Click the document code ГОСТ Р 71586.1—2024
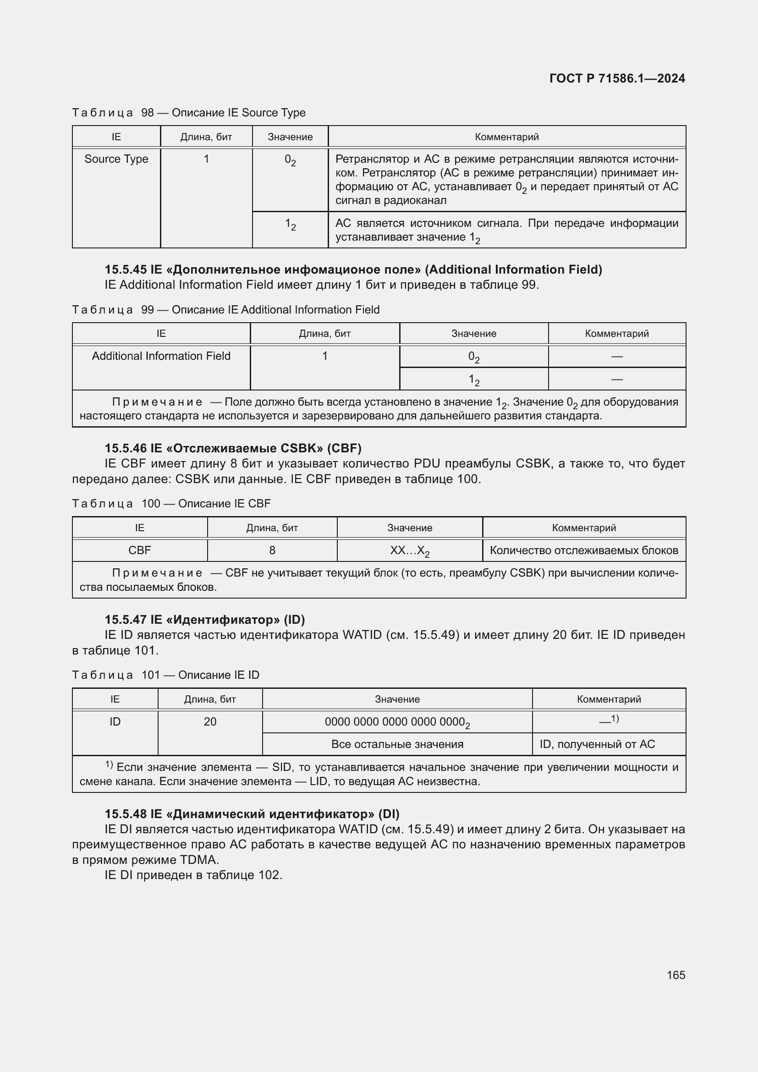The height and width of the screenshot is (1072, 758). pyautogui.click(x=616, y=78)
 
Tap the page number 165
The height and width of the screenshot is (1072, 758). pyautogui.click(x=676, y=975)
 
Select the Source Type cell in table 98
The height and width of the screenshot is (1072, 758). pyautogui.click(x=116, y=159)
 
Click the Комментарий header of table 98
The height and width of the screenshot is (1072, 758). pyautogui.click(x=506, y=137)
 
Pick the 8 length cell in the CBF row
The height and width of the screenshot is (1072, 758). pyautogui.click(x=272, y=550)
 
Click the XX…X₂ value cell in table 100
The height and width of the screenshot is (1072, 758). pyautogui.click(x=409, y=551)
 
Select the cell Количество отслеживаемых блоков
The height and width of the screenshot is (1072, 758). pyautogui.click(x=583, y=550)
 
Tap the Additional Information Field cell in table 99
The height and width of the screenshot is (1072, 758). pyautogui.click(x=161, y=356)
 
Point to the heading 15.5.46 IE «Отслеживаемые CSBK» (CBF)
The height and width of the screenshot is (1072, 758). pyautogui.click(x=233, y=448)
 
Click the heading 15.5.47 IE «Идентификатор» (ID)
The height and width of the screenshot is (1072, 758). pyautogui.click(x=204, y=620)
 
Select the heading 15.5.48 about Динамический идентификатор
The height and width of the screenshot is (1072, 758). pyautogui.click(x=252, y=814)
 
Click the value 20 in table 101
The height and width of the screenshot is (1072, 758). pyautogui.click(x=210, y=722)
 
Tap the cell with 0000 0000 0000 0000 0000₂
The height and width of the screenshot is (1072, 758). pyautogui.click(x=397, y=722)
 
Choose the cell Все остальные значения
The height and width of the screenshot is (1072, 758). pyautogui.click(x=397, y=744)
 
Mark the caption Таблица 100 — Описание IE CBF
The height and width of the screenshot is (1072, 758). pyautogui.click(x=171, y=503)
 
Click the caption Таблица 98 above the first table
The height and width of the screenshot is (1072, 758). pyautogui.click(x=188, y=113)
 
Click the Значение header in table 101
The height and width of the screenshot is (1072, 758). pyautogui.click(x=397, y=699)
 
